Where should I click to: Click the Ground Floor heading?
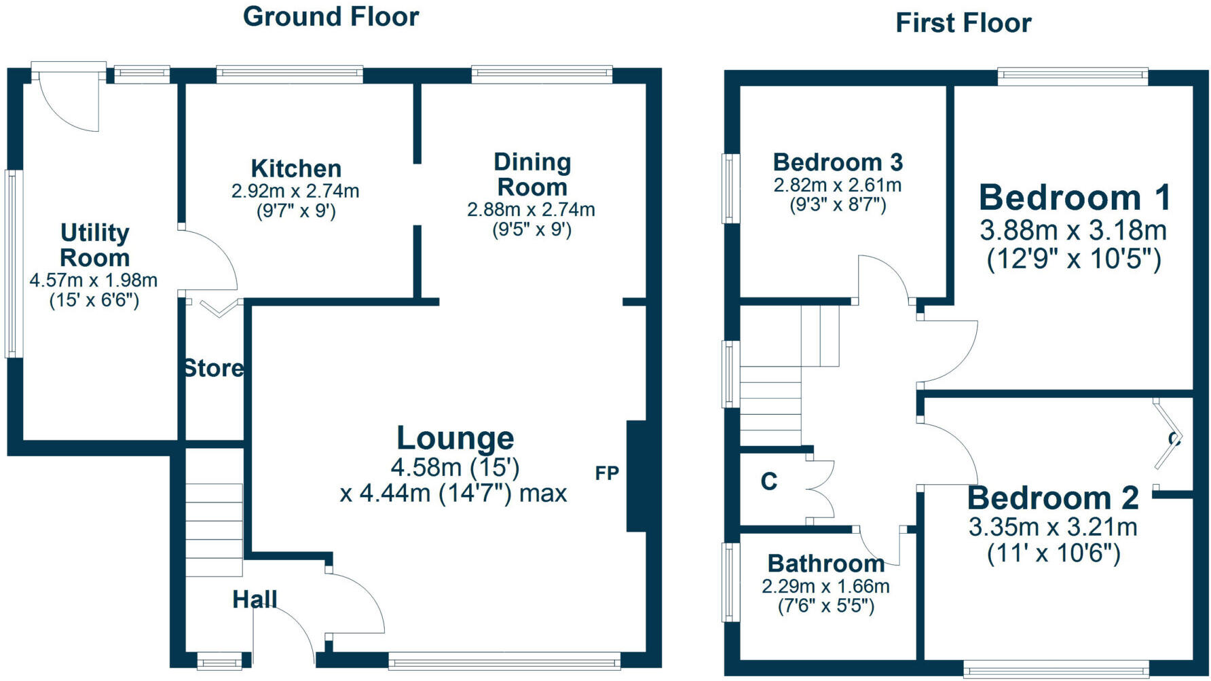(331, 17)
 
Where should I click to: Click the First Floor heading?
(963, 23)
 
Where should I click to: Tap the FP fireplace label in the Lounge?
(607, 473)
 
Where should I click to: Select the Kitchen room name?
(296, 168)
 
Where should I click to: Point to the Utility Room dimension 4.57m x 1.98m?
(94, 280)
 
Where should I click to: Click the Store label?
(213, 368)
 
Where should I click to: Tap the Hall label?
(255, 599)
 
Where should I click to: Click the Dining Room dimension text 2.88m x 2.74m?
(531, 210)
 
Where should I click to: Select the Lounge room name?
(455, 438)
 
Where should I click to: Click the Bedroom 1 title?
(1075, 198)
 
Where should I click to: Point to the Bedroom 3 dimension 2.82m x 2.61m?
(838, 185)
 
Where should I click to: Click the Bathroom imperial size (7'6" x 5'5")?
(825, 606)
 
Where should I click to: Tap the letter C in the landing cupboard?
(768, 481)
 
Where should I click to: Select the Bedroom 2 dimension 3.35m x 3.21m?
(1053, 527)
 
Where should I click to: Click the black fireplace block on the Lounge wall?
(636, 476)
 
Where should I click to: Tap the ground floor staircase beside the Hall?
(214, 530)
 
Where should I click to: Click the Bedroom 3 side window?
(730, 188)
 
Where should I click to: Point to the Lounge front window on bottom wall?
(504, 660)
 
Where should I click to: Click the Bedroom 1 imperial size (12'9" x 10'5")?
(1073, 259)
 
